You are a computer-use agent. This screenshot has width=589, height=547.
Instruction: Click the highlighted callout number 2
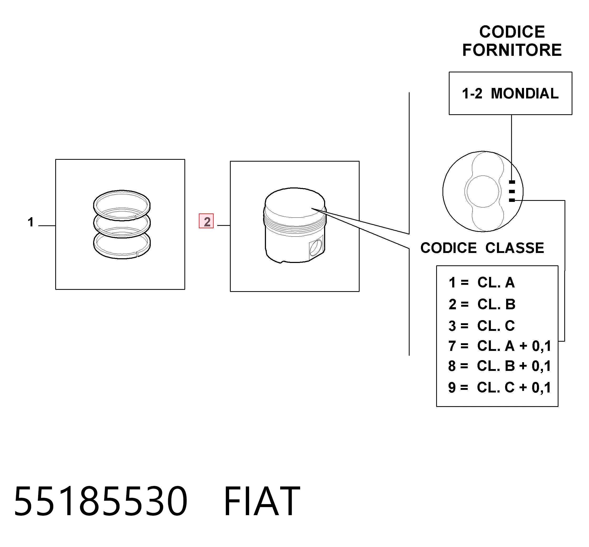(206, 221)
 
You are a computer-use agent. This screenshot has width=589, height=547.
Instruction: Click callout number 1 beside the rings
(31, 222)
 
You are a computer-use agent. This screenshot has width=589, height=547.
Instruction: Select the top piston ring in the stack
(122, 205)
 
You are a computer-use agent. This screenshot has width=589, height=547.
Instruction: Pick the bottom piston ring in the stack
(122, 244)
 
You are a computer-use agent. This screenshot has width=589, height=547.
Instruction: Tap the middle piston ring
(122, 224)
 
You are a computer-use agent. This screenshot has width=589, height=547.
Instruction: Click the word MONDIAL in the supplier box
(525, 93)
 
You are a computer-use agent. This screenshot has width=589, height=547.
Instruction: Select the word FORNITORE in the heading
(512, 50)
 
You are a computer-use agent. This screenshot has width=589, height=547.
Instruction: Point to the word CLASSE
(515, 248)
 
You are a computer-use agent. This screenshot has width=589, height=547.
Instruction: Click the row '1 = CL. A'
(482, 283)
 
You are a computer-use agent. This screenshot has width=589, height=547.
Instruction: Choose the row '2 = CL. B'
(482, 304)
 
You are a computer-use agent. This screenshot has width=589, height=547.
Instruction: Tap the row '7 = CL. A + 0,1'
(500, 346)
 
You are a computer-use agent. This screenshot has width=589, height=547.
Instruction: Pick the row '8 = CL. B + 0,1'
(500, 366)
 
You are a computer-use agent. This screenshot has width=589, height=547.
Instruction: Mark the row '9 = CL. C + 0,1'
(500, 387)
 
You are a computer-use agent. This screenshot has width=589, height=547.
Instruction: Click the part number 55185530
(101, 502)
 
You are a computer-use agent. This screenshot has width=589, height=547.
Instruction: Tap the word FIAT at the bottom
(262, 502)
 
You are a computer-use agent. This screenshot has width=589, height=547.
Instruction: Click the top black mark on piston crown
(512, 182)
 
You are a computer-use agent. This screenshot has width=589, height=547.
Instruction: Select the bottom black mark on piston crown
(512, 200)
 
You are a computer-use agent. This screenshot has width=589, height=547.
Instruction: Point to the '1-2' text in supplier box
(472, 94)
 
